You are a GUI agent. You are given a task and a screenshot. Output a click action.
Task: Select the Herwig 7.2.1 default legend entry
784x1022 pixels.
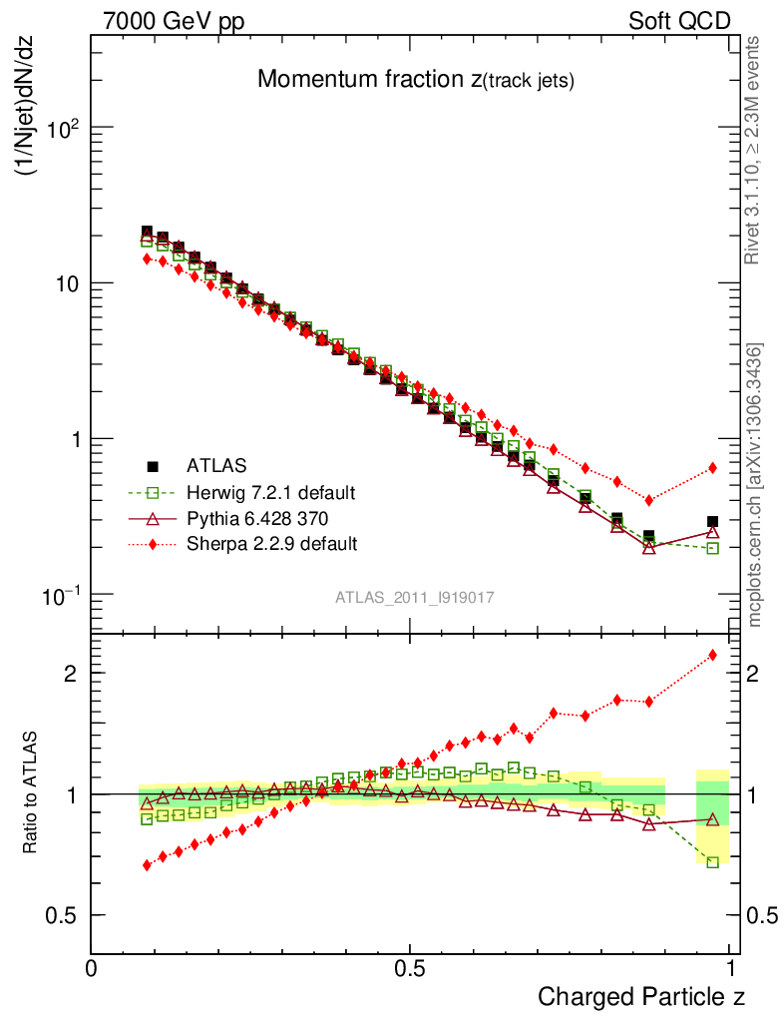pyautogui.click(x=270, y=492)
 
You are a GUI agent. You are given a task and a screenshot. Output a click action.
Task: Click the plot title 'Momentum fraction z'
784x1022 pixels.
pyautogui.click(x=415, y=80)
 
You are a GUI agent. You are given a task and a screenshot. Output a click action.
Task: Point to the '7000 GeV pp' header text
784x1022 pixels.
pyautogui.click(x=174, y=21)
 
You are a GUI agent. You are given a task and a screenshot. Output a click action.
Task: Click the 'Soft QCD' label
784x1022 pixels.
pyautogui.click(x=679, y=21)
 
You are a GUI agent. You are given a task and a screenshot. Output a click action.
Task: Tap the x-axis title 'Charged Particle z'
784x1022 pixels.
pyautogui.click(x=641, y=996)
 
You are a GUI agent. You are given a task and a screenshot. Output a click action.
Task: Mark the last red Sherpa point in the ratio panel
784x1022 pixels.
pyautogui.click(x=712, y=655)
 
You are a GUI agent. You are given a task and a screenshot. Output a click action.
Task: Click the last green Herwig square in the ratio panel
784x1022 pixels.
pyautogui.click(x=712, y=861)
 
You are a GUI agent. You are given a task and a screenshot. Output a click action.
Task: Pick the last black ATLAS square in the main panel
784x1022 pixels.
pyautogui.click(x=712, y=522)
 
